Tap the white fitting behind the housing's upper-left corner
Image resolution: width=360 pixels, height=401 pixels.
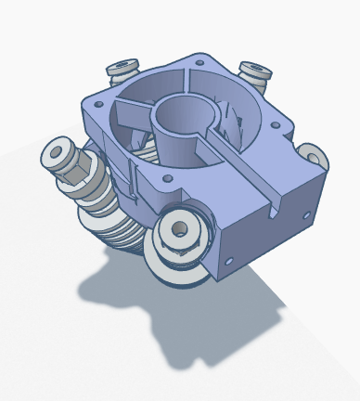click(x=123, y=68)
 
